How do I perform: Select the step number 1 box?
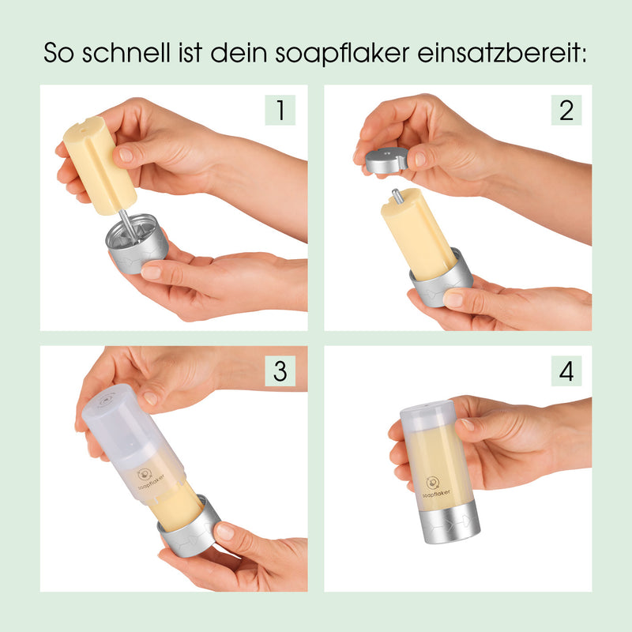tap(280, 110)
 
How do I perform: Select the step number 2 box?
tap(566, 110)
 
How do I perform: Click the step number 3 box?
tap(280, 371)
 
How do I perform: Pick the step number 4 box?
tap(566, 371)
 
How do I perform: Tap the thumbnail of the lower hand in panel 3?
tap(225, 532)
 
